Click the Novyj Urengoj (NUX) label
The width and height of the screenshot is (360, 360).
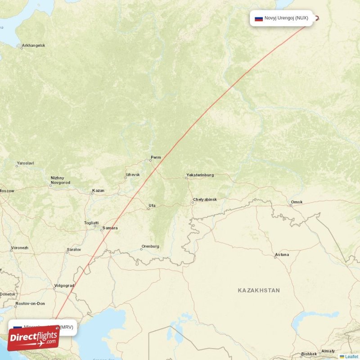[286, 18]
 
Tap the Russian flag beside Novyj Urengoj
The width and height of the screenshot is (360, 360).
[259, 19]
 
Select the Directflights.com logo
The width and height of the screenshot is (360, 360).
[33, 338]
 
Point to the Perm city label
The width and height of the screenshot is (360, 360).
[156, 157]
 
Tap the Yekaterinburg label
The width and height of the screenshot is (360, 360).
[200, 175]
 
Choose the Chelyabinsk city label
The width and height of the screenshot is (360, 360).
[205, 199]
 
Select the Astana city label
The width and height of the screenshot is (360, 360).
[282, 255]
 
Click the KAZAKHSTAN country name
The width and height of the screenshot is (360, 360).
[259, 291]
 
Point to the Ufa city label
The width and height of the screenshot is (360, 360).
[152, 206]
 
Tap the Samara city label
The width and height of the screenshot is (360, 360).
[110, 228]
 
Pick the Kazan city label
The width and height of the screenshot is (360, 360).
[98, 191]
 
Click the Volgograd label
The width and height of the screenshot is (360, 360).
[63, 285]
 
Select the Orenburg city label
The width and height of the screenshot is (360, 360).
[150, 247]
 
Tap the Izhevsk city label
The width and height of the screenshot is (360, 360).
[133, 175]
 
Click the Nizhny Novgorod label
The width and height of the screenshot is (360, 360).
[60, 180]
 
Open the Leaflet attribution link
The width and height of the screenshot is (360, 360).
[351, 356]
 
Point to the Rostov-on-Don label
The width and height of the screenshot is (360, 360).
[30, 304]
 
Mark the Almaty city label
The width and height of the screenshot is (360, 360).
[328, 351]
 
